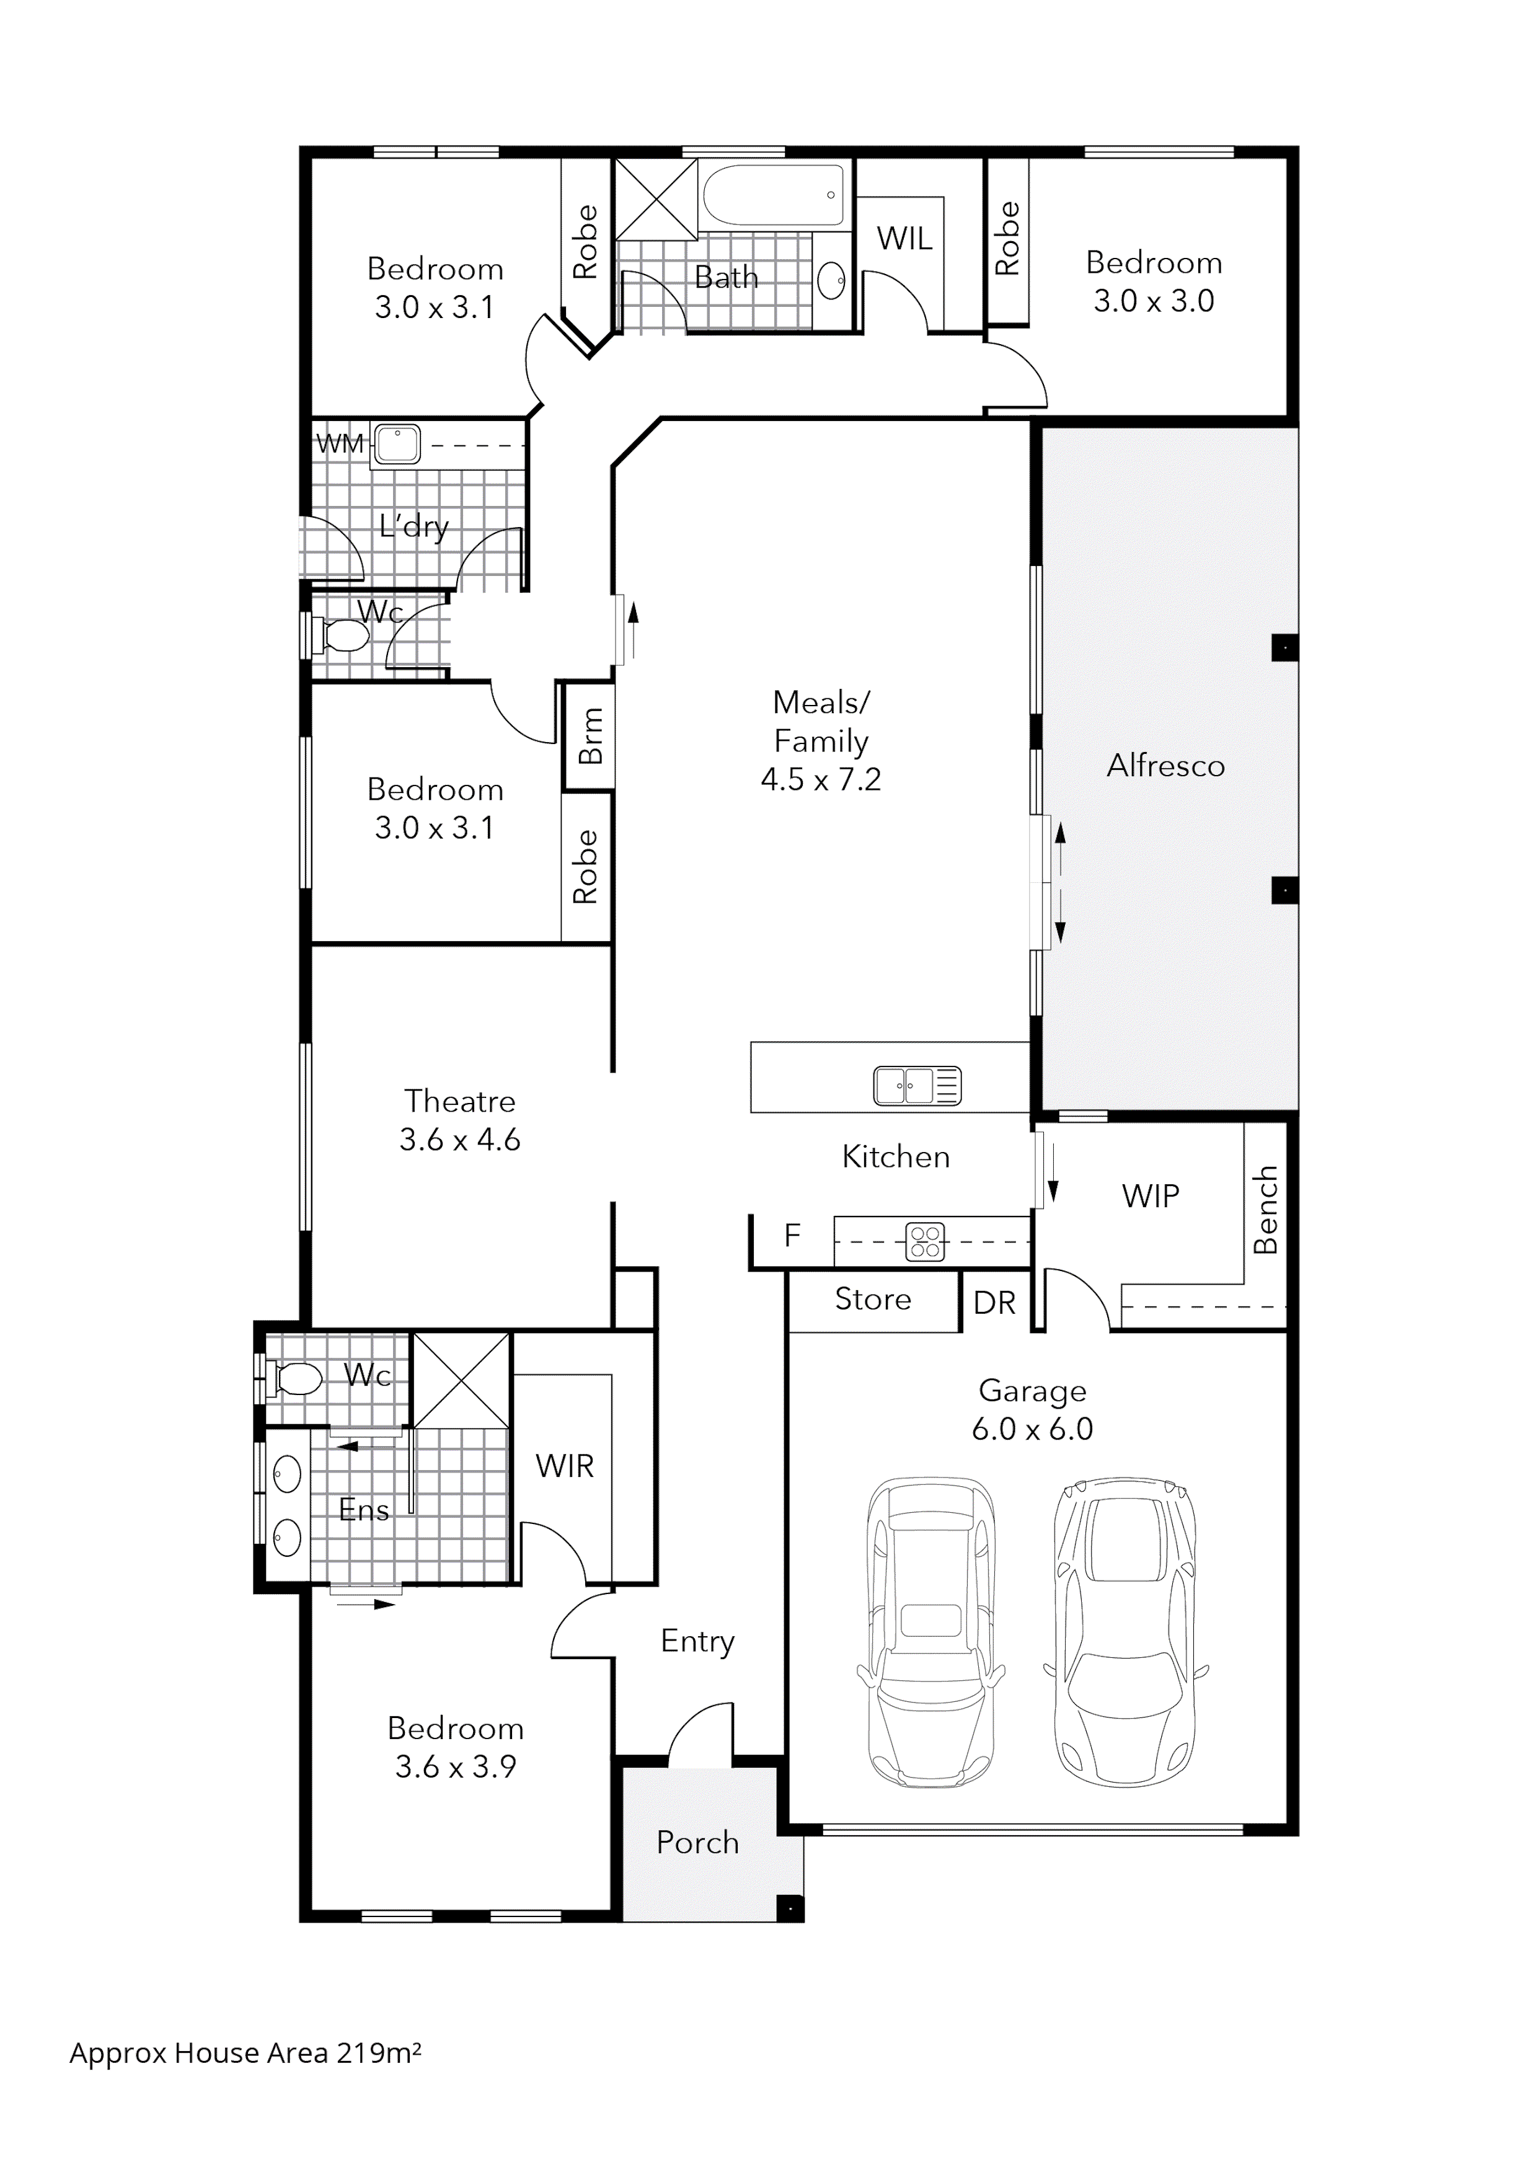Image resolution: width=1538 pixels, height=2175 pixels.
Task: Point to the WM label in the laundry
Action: point(339,443)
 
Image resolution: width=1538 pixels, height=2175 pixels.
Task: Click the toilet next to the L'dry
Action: point(343,637)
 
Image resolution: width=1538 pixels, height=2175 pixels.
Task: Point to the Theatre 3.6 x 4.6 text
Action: point(459,1120)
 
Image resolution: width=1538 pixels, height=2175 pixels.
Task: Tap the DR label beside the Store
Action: point(994,1303)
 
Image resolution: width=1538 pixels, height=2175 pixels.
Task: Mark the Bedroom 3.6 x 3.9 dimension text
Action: point(456,1766)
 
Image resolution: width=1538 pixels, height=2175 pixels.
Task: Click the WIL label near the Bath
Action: point(904,239)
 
